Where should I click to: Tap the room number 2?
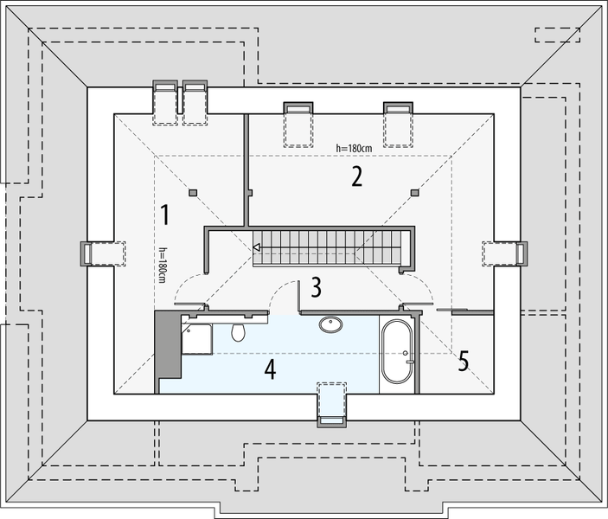[355, 176]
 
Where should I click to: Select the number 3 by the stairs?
[317, 285]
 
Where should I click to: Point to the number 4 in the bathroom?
[271, 370]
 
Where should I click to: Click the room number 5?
[464, 362]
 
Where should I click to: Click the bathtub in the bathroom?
[398, 352]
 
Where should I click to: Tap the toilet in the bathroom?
[239, 331]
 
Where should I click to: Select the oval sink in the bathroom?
[331, 324]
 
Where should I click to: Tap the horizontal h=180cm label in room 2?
[355, 148]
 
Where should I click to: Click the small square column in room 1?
[193, 192]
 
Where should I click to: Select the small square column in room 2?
[415, 192]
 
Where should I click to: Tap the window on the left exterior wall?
[86, 253]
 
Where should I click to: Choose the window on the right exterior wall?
[521, 253]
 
